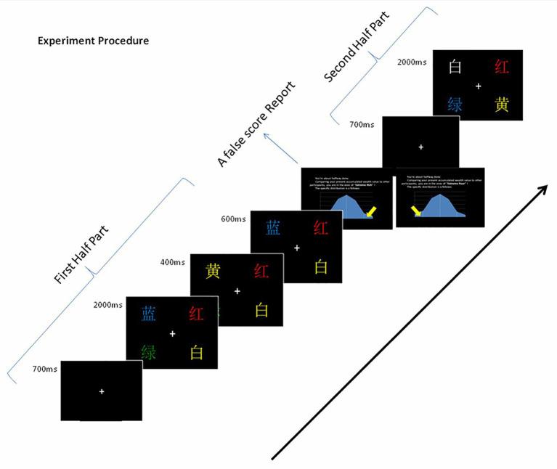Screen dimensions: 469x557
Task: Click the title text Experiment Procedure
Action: click(93, 41)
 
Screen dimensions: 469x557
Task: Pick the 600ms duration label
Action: click(234, 218)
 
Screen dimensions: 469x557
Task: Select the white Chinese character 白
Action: click(456, 68)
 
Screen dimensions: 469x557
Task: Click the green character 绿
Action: click(148, 353)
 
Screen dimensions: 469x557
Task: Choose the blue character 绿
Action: click(455, 105)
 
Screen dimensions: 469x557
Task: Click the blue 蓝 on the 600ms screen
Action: click(274, 228)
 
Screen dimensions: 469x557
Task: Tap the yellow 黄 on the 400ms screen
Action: click(214, 272)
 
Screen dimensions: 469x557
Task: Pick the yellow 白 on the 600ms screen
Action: click(321, 266)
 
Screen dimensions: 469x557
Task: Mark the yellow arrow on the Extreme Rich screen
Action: click(371, 211)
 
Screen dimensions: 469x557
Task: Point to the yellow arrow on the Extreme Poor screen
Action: click(417, 211)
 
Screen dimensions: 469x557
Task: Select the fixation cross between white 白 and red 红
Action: click(478, 86)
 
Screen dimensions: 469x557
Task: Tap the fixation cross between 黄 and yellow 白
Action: click(237, 291)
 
